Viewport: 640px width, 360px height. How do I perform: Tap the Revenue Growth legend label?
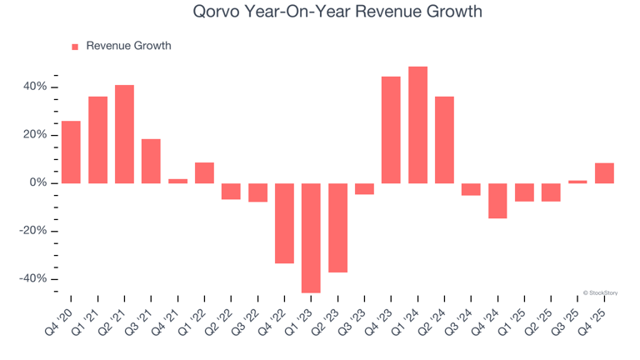point(128,46)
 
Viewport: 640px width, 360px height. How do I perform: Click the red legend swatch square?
point(75,47)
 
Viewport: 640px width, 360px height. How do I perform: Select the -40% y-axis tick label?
point(33,279)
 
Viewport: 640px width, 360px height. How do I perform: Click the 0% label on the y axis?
point(39,183)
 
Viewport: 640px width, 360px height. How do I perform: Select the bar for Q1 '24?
point(417,125)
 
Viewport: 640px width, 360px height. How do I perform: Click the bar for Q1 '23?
point(311,237)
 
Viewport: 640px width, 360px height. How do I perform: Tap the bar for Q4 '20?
point(71,152)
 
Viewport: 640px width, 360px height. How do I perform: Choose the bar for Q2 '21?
point(124,134)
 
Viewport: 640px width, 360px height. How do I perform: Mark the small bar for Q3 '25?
point(577,182)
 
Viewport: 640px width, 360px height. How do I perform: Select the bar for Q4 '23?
point(391,130)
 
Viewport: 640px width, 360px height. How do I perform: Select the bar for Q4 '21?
point(177,181)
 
